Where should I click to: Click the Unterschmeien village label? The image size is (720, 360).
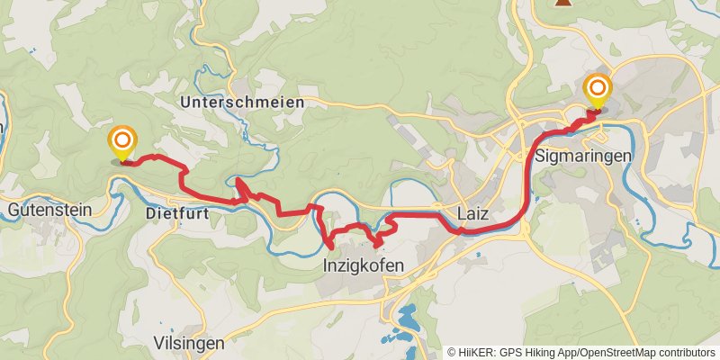click(242, 103)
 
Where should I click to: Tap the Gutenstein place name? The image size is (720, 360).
click(49, 210)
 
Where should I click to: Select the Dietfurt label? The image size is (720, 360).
click(176, 213)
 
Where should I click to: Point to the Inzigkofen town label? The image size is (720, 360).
click(363, 265)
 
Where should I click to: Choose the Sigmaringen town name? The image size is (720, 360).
click(582, 155)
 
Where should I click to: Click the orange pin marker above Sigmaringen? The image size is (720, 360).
click(598, 88)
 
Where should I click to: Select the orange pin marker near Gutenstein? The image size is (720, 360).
click(122, 141)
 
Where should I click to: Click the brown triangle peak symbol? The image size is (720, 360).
click(564, 3)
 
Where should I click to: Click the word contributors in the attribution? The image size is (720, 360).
click(685, 353)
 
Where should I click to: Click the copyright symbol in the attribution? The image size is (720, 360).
click(452, 353)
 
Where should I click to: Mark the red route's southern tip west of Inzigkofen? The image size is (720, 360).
click(330, 245)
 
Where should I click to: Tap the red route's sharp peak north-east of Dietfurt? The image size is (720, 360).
click(238, 183)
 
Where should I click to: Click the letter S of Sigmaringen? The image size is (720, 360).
click(540, 155)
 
